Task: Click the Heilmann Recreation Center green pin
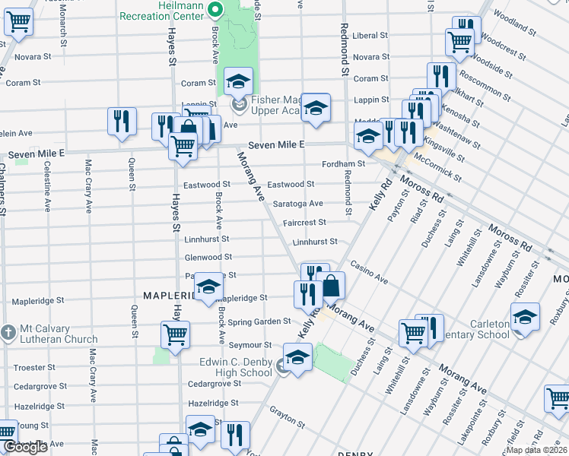click(215, 11)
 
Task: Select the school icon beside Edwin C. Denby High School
click(297, 356)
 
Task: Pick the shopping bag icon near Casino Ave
click(332, 286)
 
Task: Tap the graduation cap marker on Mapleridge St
click(207, 287)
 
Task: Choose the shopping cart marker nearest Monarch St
click(19, 22)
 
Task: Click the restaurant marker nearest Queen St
click(121, 121)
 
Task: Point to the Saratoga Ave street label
click(298, 204)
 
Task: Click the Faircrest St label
click(304, 223)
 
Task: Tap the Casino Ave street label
click(369, 271)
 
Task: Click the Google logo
click(25, 448)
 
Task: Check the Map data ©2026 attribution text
click(536, 450)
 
